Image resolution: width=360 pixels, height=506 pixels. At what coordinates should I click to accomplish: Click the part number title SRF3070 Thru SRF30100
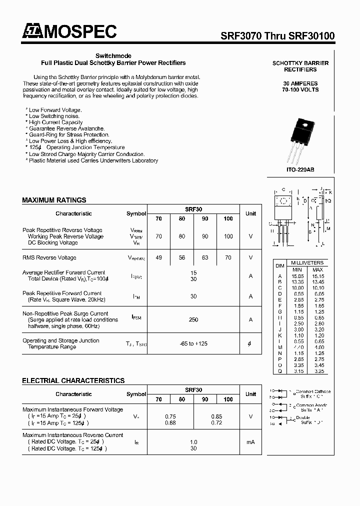pyautogui.click(x=278, y=36)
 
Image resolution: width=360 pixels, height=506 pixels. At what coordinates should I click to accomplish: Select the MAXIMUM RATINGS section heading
pyautogui.click(x=54, y=200)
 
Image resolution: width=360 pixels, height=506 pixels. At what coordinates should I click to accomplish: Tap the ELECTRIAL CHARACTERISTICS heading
pyautogui.click(x=73, y=380)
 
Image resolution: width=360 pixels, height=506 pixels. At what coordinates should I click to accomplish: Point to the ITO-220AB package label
pyautogui.click(x=300, y=169)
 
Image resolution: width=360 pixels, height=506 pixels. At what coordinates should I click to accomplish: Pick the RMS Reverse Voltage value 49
pyautogui.click(x=158, y=257)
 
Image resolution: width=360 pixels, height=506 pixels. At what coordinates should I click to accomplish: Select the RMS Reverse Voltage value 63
pyautogui.click(x=205, y=257)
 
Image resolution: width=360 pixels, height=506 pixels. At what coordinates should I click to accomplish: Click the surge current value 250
pyautogui.click(x=193, y=319)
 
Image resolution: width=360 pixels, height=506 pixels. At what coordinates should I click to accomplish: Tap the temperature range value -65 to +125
pyautogui.click(x=193, y=343)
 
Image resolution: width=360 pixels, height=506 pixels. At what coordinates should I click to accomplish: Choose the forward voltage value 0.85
pyautogui.click(x=216, y=416)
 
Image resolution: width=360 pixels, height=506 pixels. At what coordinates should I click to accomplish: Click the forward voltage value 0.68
pyautogui.click(x=170, y=422)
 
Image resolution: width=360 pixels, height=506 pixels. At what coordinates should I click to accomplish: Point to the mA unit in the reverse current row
pyautogui.click(x=250, y=442)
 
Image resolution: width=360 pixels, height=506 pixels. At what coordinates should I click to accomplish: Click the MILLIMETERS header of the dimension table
pyautogui.click(x=307, y=262)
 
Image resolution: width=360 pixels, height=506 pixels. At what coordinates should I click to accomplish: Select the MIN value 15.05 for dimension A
pyautogui.click(x=298, y=275)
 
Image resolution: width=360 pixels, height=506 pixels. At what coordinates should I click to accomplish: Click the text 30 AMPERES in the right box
pyautogui.click(x=300, y=83)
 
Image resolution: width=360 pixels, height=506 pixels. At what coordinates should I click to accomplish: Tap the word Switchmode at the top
pyautogui.click(x=113, y=56)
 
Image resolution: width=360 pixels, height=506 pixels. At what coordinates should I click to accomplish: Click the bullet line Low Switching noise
pyautogui.click(x=55, y=116)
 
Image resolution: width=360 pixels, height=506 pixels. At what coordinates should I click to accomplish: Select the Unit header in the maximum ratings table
pyautogui.click(x=250, y=213)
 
